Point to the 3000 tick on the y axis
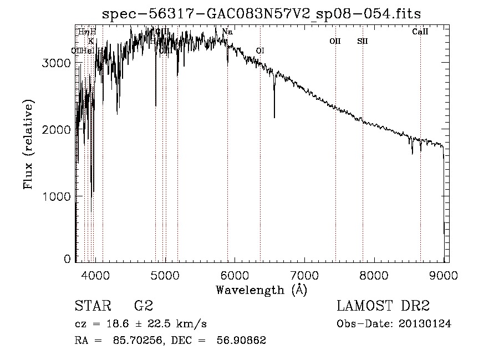[57, 63]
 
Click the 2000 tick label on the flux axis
[57, 130]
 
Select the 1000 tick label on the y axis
[57, 196]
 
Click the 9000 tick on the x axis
[444, 274]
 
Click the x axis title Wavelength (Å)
[261, 290]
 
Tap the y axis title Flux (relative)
[28, 144]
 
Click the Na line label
[227, 32]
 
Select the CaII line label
[420, 32]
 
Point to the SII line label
[363, 41]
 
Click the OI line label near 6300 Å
[259, 51]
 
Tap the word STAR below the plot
[92, 306]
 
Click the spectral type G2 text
[143, 306]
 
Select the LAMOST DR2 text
[383, 306]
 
